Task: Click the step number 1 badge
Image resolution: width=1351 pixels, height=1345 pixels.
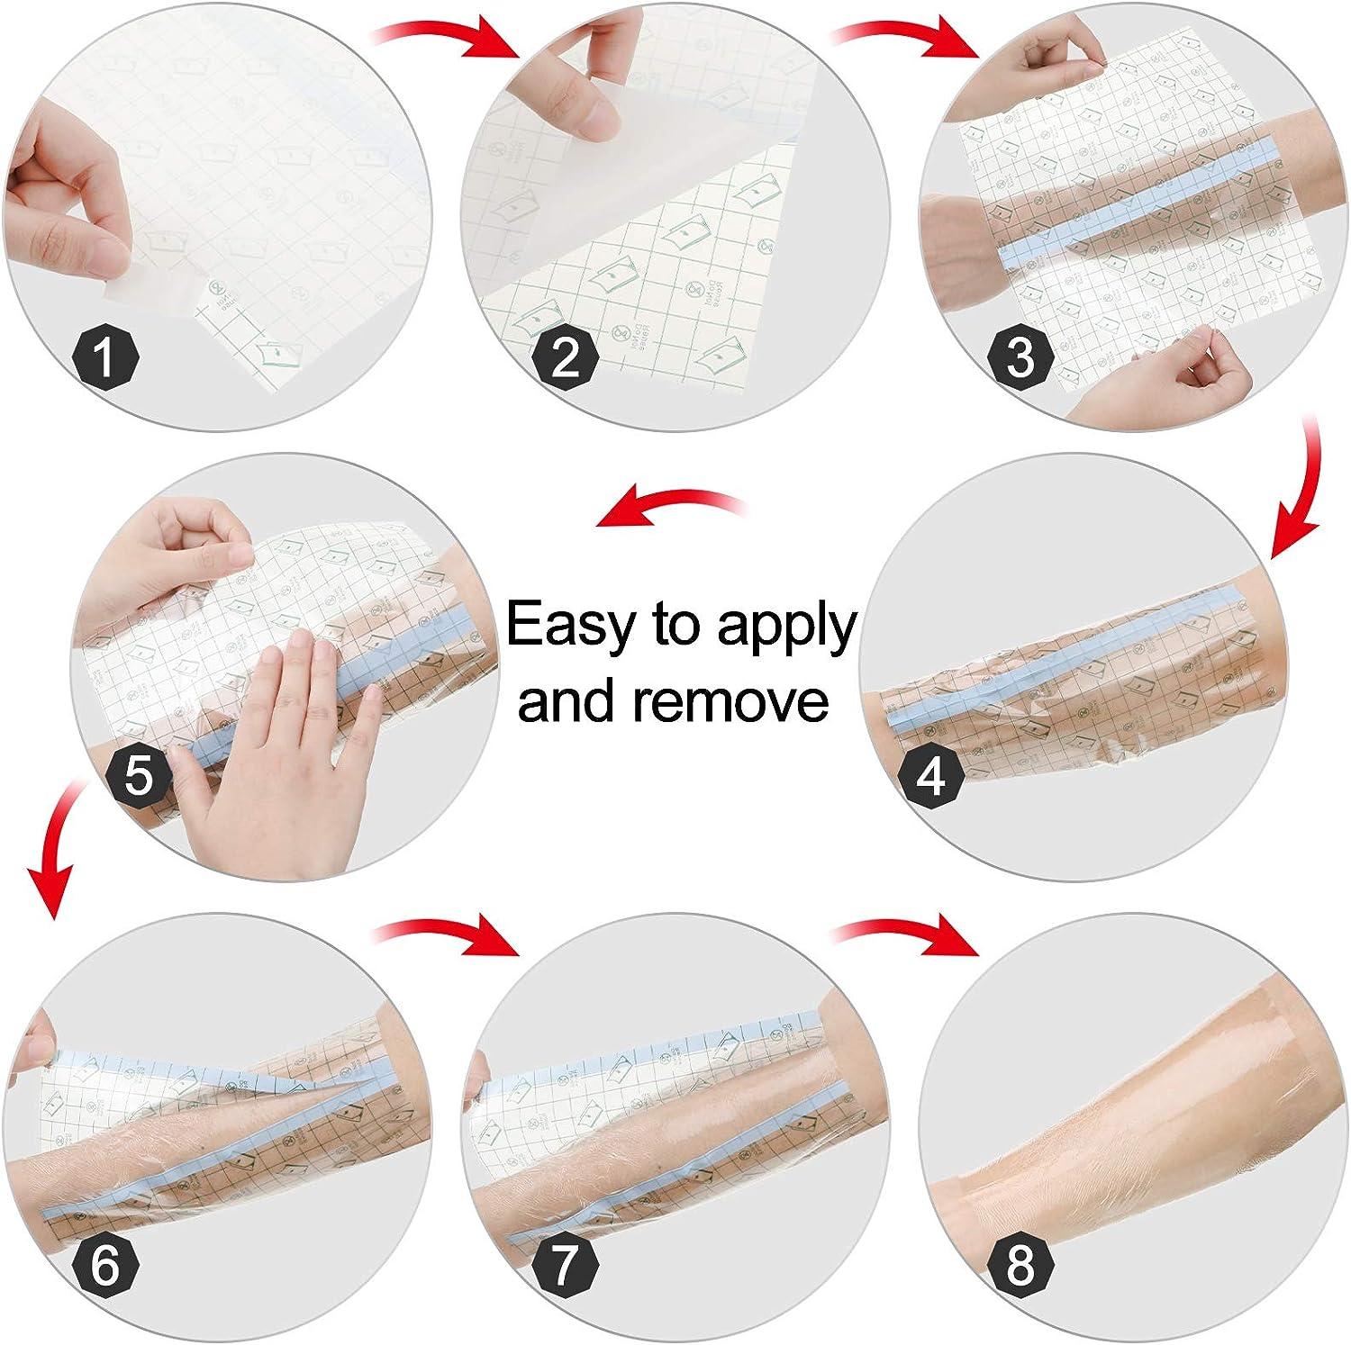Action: point(104,357)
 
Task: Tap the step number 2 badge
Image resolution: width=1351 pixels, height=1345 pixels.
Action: point(565,357)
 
